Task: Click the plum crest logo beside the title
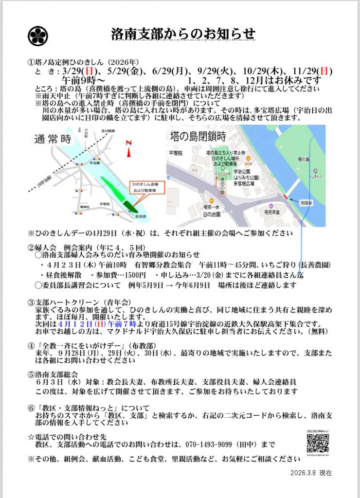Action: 38,35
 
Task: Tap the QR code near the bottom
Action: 318,443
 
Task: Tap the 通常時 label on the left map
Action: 53,139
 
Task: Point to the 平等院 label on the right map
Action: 174,153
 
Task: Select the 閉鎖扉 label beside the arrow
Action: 306,202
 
